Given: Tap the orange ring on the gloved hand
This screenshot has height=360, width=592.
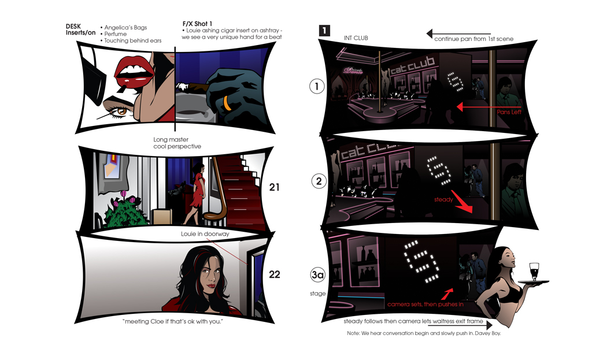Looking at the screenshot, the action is (x=227, y=103).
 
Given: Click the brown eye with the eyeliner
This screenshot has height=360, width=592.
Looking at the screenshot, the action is (x=121, y=112).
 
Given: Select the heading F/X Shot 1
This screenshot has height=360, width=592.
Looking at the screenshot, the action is (x=197, y=23).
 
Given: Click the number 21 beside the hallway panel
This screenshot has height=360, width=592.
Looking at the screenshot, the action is (x=275, y=187).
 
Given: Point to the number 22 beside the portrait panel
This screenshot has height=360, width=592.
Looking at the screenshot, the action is (x=275, y=274).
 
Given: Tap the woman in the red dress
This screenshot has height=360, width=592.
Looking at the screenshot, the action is (x=195, y=194).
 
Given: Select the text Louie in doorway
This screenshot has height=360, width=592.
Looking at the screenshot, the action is (x=205, y=234).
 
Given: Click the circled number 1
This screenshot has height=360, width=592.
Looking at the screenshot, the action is (x=317, y=87).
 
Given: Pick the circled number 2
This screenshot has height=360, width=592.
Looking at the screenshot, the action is (x=319, y=181).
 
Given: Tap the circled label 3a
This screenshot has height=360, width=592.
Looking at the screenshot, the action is (x=318, y=274).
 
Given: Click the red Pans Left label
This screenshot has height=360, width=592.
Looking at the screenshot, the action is (x=509, y=112).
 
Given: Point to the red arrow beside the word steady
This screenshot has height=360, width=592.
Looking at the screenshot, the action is (x=462, y=202).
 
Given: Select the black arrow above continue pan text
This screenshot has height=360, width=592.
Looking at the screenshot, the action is (x=458, y=34).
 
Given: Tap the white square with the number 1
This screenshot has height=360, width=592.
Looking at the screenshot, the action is (x=324, y=31).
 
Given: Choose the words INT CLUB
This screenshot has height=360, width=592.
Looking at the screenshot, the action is (x=356, y=38).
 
